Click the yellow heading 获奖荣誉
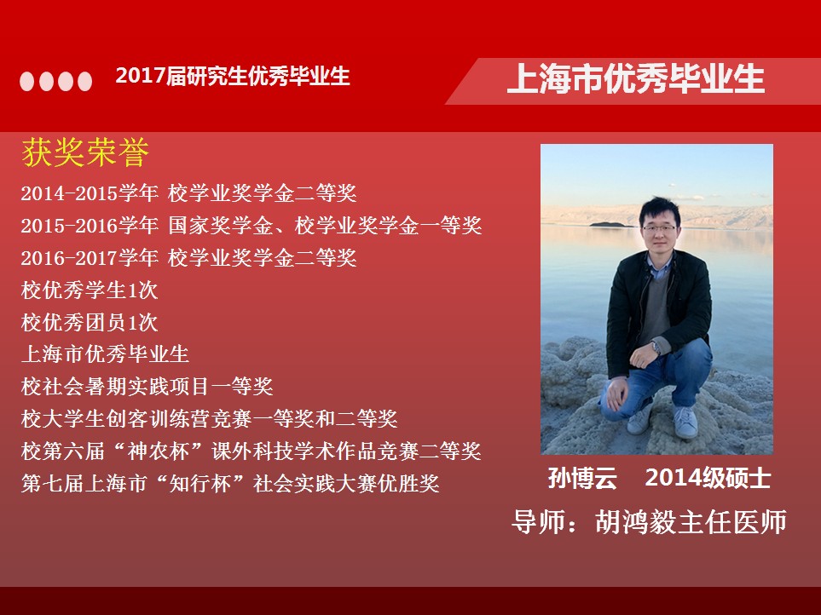pos(85,152)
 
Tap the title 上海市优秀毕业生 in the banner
pos(636,79)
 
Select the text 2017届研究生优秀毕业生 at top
pos(233,76)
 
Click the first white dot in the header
pos(26,81)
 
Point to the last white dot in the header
pos(84,81)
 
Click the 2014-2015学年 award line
pos(189,193)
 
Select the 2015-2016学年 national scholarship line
pos(252,226)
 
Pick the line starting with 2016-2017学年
pos(189,258)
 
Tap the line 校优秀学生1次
pos(90,290)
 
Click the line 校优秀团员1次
pos(90,322)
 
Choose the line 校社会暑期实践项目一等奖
pos(147,387)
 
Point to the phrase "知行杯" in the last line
pos(200,483)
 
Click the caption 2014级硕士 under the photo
pos(708,478)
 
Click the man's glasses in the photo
pos(658,228)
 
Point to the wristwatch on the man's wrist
pos(656,348)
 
